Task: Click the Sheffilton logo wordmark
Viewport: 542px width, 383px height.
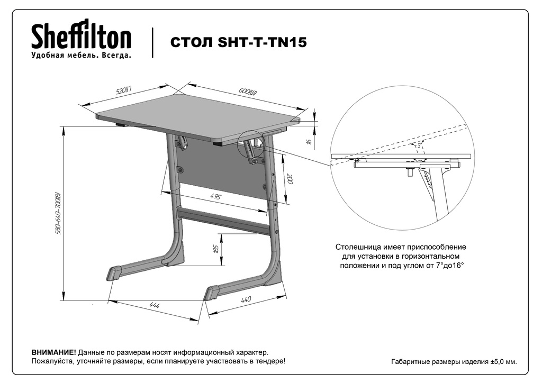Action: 81,38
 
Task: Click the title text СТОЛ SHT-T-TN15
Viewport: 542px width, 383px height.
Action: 238,43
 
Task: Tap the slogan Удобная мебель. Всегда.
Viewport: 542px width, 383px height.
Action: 81,56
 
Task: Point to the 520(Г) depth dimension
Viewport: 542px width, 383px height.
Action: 124,91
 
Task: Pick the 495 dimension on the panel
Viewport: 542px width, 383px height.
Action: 215,196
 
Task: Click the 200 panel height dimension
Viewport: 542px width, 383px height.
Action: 289,179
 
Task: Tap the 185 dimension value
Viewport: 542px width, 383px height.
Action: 215,249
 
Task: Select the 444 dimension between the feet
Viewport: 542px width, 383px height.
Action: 155,306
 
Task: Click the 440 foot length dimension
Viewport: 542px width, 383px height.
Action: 245,300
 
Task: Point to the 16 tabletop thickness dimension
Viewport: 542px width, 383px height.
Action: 308,142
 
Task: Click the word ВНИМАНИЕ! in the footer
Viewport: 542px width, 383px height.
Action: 53,352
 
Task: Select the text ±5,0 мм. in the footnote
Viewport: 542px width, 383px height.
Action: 503,362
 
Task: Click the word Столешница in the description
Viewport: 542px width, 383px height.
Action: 358,247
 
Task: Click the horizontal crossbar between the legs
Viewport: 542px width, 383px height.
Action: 225,221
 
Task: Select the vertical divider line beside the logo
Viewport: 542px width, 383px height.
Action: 153,42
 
